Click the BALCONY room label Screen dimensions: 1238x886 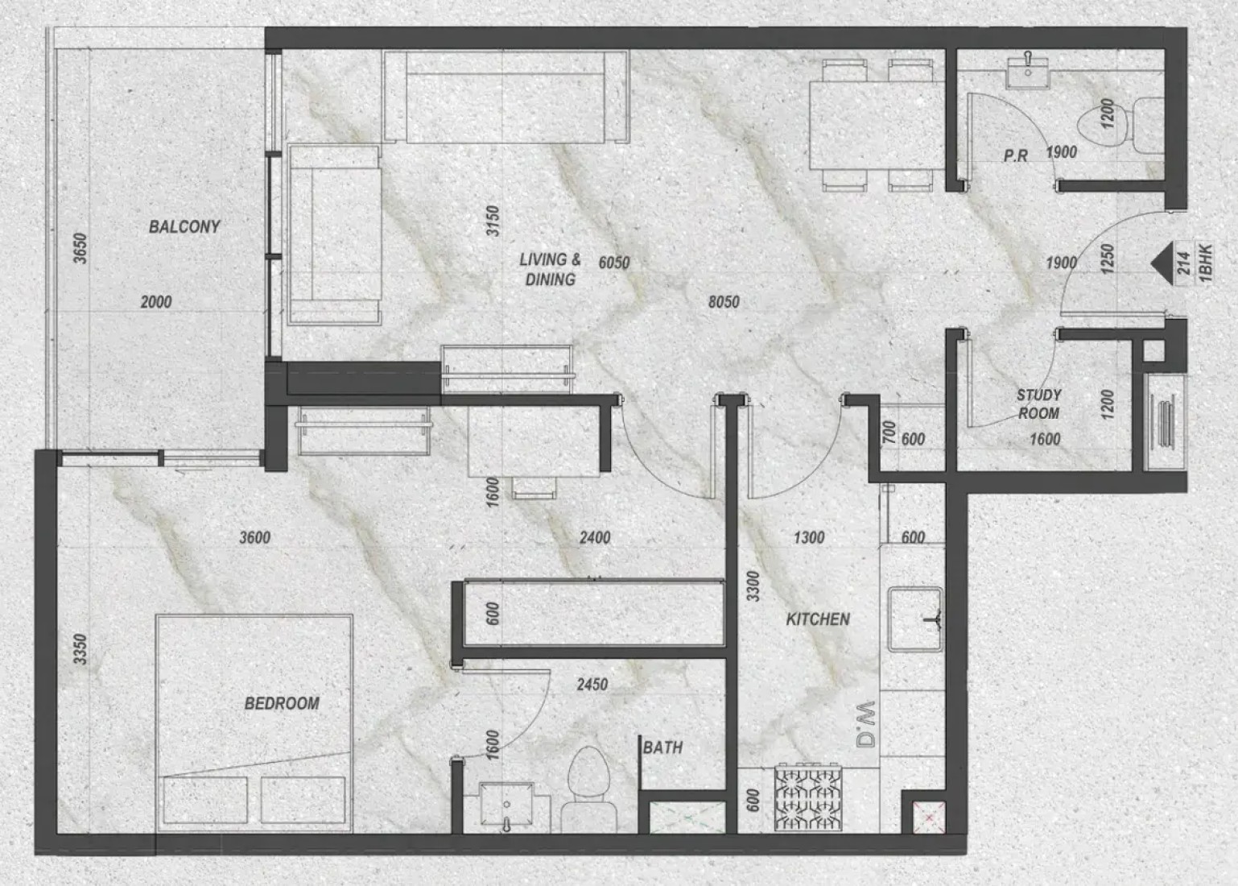(x=184, y=227)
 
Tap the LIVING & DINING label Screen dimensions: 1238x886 (x=550, y=269)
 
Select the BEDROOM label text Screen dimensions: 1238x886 (x=282, y=703)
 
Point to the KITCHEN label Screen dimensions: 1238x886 (x=818, y=619)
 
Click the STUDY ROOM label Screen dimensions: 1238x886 (x=1039, y=404)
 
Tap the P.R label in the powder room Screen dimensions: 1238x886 (x=1016, y=156)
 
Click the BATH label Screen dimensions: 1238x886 (x=662, y=747)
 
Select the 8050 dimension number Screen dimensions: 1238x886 (x=724, y=302)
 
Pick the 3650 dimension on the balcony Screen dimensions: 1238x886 (x=80, y=248)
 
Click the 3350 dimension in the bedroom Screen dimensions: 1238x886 (x=80, y=649)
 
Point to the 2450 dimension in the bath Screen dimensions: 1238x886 (x=592, y=685)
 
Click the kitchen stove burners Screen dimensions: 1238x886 (x=808, y=797)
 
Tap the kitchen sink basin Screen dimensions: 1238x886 (x=915, y=619)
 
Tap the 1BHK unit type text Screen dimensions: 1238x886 (x=1206, y=263)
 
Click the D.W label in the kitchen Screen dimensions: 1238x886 (x=866, y=724)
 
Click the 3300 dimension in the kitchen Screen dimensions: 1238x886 (x=753, y=587)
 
